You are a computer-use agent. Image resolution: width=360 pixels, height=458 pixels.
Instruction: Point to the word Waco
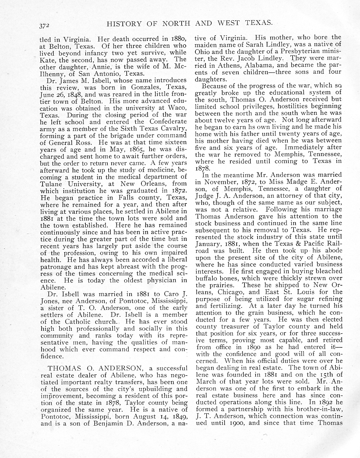click(x=178, y=108)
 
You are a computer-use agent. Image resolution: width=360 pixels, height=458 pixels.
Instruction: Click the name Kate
click(x=46, y=60)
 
